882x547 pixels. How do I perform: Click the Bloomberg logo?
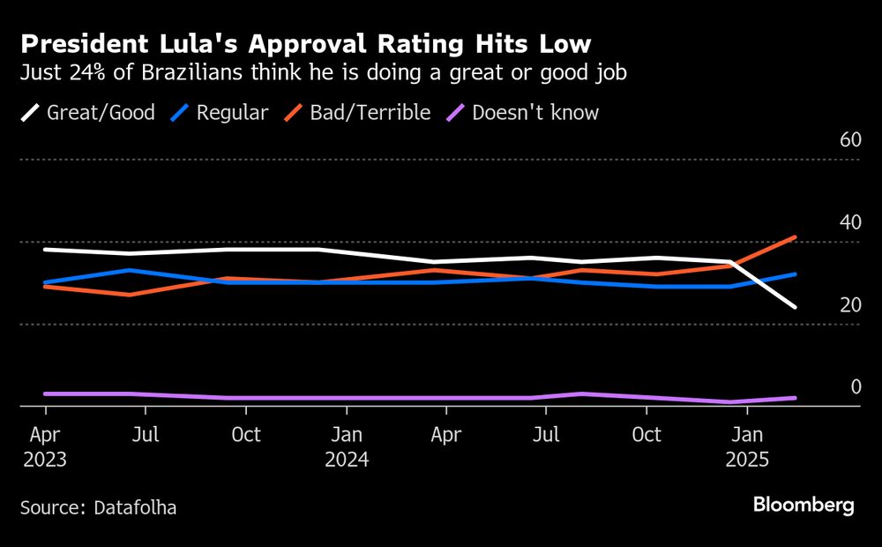[803, 506]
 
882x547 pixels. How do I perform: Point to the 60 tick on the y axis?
[849, 140]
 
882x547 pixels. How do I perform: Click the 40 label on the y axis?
[849, 222]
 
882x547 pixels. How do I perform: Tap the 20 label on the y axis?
[849, 305]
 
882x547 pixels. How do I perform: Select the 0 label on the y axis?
[855, 387]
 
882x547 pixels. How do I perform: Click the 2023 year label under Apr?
[45, 461]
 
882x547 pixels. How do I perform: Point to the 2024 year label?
[347, 461]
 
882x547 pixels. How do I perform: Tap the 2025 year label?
[747, 461]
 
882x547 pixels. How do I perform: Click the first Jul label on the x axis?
[146, 435]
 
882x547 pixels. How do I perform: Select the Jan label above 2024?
[347, 435]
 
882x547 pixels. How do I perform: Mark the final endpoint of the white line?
[796, 307]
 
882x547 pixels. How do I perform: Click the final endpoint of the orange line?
[796, 237]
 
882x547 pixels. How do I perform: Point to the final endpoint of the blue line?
[796, 274]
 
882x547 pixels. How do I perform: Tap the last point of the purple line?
[796, 398]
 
